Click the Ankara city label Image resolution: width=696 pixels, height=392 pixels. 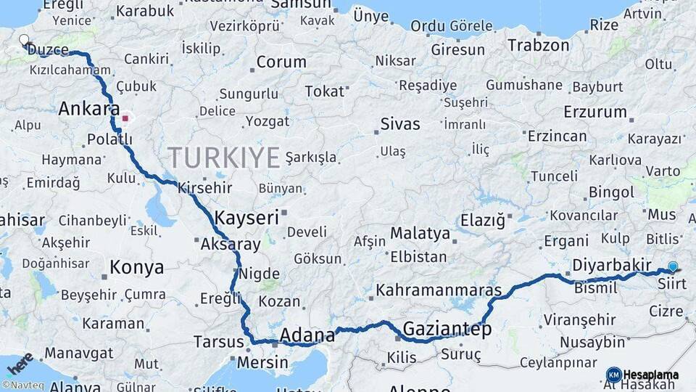pos(88,110)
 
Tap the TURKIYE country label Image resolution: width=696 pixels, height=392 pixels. pos(224,157)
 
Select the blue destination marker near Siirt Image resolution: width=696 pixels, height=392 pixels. pos(673,267)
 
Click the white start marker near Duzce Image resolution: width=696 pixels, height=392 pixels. pos(24,41)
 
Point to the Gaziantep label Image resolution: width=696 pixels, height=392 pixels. pos(447,329)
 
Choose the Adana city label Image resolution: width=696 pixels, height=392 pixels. pos(307,335)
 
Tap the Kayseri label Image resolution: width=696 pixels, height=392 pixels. pos(246,216)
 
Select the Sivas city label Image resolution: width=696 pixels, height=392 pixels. pos(400,124)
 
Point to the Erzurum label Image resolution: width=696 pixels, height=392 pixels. pos(595,113)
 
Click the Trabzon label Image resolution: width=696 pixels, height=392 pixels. pos(539,45)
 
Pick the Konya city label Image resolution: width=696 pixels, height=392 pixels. pos(137,267)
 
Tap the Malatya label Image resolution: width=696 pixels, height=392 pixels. pos(420,234)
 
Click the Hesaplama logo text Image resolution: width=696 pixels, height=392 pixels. pos(651,375)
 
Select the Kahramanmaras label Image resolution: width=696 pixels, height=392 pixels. pos(438,290)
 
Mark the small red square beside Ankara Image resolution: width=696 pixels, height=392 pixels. pos(125,118)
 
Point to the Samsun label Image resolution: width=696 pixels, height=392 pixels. pos(300,5)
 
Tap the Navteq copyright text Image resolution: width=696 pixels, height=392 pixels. pos(24,385)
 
